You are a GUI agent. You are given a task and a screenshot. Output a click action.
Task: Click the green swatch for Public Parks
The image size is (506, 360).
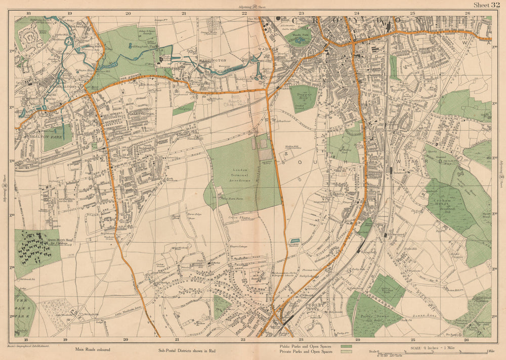(x=347, y=347)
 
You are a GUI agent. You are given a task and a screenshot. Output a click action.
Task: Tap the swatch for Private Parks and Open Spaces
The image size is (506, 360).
(x=347, y=352)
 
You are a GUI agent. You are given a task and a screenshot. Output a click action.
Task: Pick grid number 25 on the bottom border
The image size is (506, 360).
(x=412, y=341)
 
